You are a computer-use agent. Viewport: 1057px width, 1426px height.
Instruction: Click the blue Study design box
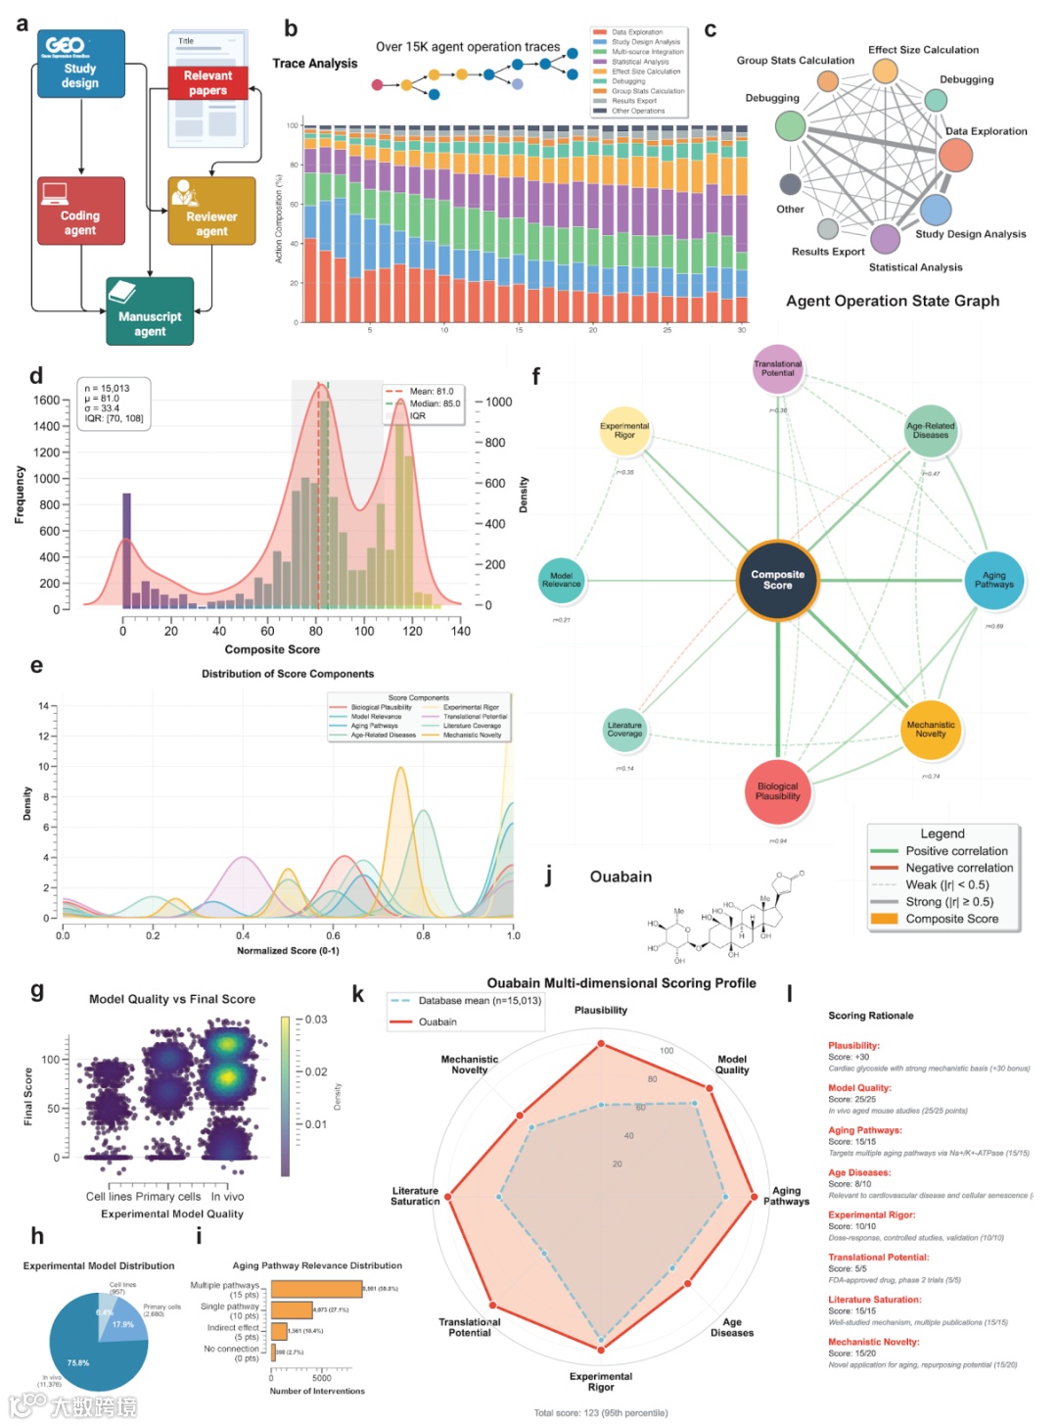pyautogui.click(x=81, y=65)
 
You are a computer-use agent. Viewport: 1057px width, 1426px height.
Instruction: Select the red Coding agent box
pyautogui.click(x=81, y=211)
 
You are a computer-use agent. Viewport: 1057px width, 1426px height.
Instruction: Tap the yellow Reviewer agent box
pyautogui.click(x=211, y=212)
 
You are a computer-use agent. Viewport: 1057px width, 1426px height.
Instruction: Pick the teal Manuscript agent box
pyautogui.click(x=150, y=311)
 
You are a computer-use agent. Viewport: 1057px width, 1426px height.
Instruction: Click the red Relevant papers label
pyautogui.click(x=207, y=83)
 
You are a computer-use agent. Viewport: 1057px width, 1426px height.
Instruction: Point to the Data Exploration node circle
pyautogui.click(x=955, y=155)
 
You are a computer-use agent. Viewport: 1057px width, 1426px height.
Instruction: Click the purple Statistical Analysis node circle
pyautogui.click(x=885, y=238)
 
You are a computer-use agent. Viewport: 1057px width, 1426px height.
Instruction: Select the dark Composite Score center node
pyautogui.click(x=777, y=580)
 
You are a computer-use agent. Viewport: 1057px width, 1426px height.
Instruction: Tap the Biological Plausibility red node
pyautogui.click(x=777, y=791)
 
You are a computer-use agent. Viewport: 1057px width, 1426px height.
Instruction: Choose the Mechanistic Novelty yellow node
pyautogui.click(x=930, y=730)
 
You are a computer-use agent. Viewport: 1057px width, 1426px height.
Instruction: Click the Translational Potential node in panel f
pyautogui.click(x=777, y=369)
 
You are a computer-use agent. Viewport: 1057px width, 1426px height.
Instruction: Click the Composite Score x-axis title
pyautogui.click(x=272, y=649)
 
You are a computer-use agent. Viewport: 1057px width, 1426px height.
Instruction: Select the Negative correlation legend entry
pyautogui.click(x=958, y=868)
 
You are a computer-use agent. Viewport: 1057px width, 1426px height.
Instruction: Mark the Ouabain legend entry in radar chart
pyautogui.click(x=437, y=1022)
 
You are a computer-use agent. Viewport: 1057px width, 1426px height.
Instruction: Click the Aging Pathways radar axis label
pyautogui.click(x=786, y=1196)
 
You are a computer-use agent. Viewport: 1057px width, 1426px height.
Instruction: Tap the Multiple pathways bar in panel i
pyautogui.click(x=316, y=1289)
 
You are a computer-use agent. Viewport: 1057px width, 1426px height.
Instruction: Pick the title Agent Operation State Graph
pyautogui.click(x=893, y=301)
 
